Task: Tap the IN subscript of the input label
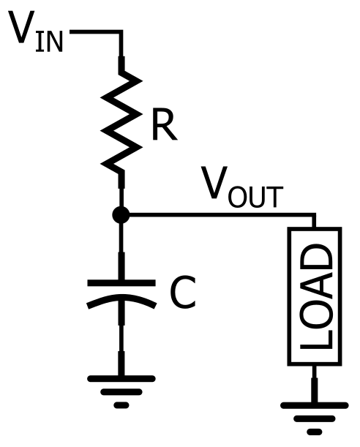49,42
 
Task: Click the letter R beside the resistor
164,126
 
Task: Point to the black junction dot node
121,215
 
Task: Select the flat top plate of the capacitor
121,282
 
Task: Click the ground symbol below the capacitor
121,388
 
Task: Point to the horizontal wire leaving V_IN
95,32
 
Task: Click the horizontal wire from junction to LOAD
220,215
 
